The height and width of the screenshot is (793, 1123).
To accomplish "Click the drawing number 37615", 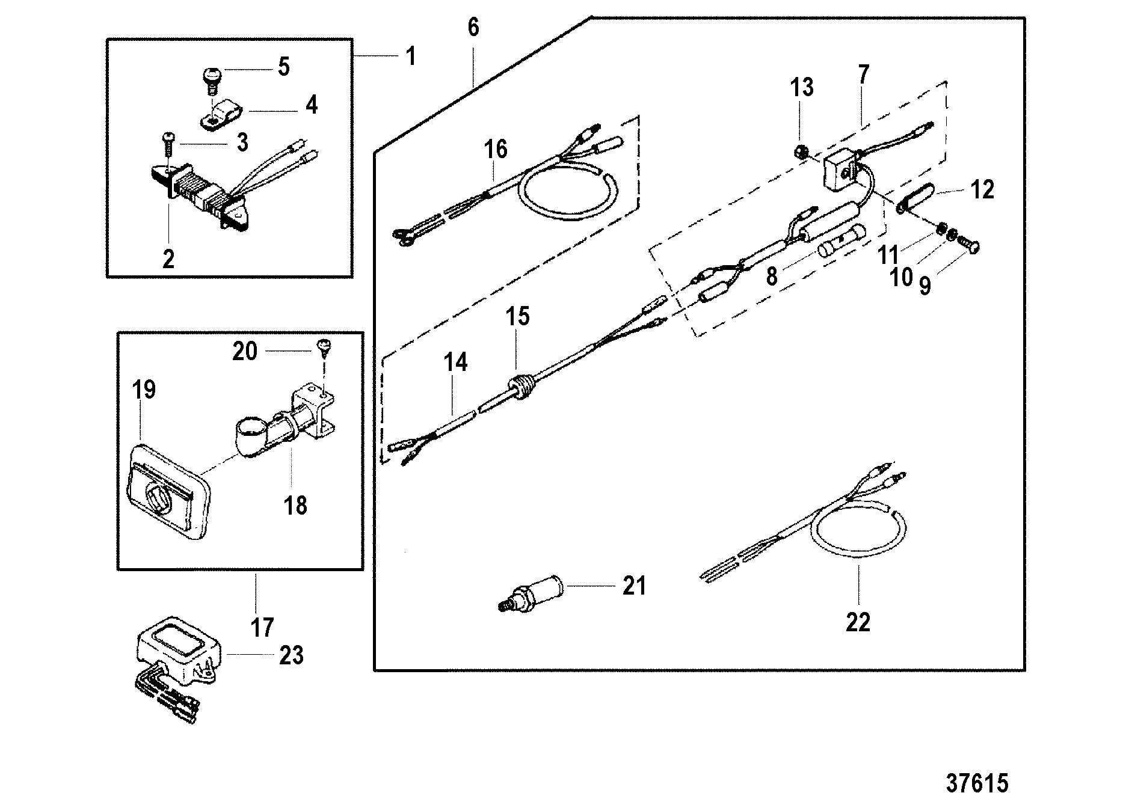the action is pos(977,767).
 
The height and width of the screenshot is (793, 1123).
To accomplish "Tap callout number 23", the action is pos(291,655).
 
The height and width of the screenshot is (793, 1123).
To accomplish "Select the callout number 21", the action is pos(634,585).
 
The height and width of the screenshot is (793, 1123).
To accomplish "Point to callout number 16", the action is pos(496,148).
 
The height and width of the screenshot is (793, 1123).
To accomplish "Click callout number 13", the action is pos(802,87).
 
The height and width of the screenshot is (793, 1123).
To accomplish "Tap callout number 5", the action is pos(283,66).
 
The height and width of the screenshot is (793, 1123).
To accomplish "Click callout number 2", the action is pos(168,259).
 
